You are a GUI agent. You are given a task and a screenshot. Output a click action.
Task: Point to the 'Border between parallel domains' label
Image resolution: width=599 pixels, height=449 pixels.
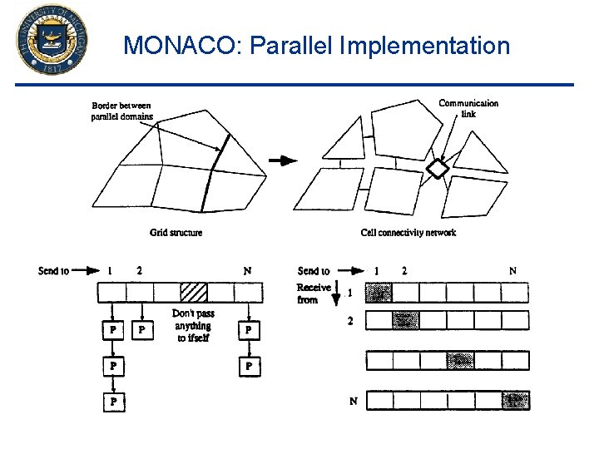(121, 111)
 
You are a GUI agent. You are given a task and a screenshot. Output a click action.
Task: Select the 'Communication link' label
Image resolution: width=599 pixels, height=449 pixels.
(468, 108)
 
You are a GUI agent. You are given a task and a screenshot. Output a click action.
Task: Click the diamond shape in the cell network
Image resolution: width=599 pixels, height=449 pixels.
(438, 169)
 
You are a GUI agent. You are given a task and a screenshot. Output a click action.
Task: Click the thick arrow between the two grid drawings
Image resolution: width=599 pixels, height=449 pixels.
(285, 161)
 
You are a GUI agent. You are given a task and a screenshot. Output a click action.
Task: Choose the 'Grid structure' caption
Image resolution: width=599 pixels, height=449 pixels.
(176, 233)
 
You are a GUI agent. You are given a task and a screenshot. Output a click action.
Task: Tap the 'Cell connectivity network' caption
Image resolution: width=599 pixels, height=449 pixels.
(408, 233)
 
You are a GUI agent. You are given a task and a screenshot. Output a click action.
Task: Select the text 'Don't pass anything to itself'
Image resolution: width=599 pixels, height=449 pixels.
(193, 326)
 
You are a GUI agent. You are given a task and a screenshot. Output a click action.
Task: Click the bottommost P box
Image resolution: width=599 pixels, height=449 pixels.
(113, 402)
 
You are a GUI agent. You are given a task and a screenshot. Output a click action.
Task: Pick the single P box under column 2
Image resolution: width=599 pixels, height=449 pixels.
(142, 331)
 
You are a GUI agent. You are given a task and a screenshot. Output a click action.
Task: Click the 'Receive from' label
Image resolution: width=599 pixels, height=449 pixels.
(313, 294)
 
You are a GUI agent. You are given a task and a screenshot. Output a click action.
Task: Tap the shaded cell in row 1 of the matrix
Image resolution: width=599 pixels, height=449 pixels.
(379, 294)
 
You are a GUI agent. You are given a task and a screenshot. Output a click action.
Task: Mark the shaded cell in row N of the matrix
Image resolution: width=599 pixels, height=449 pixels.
(515, 401)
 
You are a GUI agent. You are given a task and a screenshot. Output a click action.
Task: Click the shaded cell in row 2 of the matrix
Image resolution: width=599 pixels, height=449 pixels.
(407, 321)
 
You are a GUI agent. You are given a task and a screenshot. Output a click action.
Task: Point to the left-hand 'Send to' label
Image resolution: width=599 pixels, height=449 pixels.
(53, 271)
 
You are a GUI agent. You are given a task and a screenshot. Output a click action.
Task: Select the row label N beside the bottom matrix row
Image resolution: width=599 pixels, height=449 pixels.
(353, 402)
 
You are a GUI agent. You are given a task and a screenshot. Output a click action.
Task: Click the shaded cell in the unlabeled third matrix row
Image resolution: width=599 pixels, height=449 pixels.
(460, 361)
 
